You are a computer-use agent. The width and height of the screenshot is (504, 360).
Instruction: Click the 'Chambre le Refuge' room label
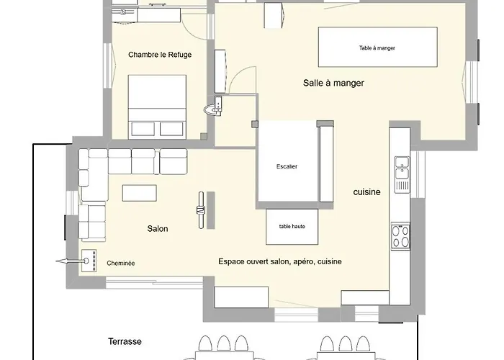(160, 54)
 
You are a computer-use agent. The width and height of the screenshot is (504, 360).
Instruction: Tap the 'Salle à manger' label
(333, 83)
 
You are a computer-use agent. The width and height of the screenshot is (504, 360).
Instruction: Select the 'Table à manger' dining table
(377, 48)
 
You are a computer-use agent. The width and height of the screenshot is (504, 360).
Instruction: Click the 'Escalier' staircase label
(287, 166)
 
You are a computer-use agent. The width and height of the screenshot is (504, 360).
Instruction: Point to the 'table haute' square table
(292, 226)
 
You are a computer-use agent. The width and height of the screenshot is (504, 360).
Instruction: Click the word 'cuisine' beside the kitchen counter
(366, 192)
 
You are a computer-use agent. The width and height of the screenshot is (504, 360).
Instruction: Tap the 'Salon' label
(158, 229)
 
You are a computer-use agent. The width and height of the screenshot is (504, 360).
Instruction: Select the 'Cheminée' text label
(120, 263)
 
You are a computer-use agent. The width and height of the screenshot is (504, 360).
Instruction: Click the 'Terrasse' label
(125, 341)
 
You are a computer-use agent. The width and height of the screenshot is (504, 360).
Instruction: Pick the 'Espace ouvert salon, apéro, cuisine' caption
(279, 261)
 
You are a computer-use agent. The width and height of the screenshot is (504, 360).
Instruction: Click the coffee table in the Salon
(139, 193)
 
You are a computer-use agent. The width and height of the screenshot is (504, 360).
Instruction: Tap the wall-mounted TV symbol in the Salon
(202, 210)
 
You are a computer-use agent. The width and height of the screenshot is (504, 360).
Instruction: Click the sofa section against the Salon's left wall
(91, 222)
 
